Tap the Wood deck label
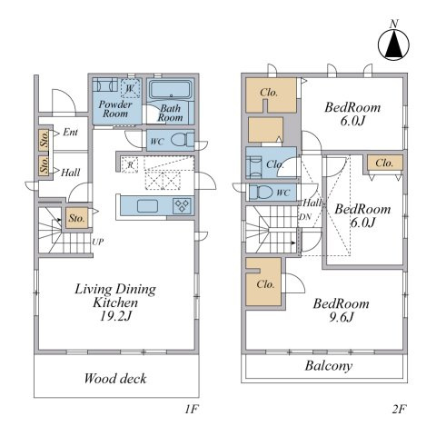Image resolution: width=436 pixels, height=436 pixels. click(115, 379)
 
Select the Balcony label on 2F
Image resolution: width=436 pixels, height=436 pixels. click(329, 366)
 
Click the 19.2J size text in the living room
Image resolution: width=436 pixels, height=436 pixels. click(116, 316)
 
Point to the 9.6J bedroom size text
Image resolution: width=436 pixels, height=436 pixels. click(342, 317)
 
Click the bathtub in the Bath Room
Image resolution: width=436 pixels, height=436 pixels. click(172, 90)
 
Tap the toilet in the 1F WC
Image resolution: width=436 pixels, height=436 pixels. click(183, 140)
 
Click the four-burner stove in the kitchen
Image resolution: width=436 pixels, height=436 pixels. click(182, 206)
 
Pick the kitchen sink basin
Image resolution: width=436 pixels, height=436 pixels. click(147, 206)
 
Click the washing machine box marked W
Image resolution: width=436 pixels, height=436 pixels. click(131, 88)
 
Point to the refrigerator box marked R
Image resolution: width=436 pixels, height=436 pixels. click(130, 165)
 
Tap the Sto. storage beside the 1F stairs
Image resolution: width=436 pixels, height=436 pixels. click(77, 218)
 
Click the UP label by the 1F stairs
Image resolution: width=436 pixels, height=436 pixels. click(98, 243)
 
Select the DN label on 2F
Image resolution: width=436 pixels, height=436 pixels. click(305, 217)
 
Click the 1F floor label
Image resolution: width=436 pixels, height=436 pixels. click(192, 410)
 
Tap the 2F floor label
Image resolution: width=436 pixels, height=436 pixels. click(399, 410)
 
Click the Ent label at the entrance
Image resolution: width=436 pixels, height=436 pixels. click(70, 133)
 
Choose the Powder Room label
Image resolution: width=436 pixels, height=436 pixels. click(115, 109)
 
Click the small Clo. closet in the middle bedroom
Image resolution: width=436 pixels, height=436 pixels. click(385, 163)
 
